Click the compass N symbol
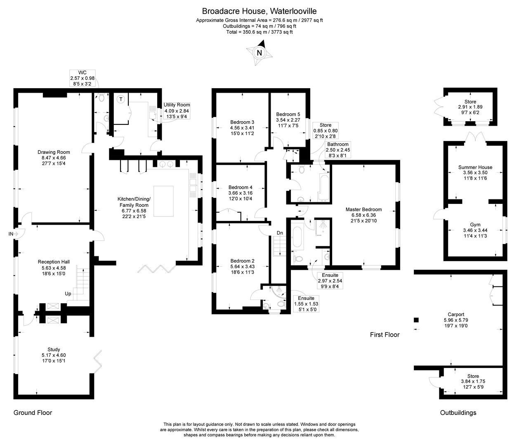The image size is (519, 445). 259,53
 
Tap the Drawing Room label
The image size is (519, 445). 54,152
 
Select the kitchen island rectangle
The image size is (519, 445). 163,201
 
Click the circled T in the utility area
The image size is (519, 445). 121,99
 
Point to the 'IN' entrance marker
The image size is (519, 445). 11,234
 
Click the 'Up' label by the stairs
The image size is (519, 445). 68,294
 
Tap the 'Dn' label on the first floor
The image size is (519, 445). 280,233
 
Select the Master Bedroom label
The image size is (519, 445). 363,209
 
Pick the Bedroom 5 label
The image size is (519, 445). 288,114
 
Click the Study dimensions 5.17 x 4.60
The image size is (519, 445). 54,355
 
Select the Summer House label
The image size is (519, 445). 475,167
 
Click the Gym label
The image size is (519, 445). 475,225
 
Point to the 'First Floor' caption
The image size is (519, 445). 385,335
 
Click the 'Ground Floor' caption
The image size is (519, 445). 33,412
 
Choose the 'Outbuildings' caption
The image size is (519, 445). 458,412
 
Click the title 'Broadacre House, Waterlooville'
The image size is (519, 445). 259,11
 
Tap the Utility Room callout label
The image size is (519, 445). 177,105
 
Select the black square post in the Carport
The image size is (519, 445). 416,320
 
